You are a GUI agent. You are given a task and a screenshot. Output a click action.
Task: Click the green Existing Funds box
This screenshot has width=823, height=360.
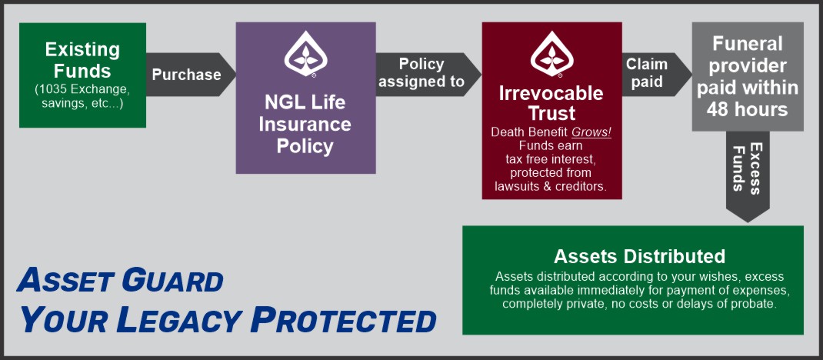[x=82, y=75]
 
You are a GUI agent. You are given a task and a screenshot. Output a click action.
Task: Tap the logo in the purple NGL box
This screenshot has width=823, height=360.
[x=305, y=54]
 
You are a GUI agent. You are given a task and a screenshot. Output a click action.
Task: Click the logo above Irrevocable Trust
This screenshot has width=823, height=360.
[x=551, y=54]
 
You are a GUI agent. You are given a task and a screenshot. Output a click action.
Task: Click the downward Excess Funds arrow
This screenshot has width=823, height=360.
[x=748, y=176]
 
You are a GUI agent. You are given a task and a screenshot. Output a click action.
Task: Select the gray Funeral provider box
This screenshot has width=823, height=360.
[x=748, y=77]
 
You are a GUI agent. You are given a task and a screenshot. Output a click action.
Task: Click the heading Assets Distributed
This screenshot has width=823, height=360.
[x=639, y=257]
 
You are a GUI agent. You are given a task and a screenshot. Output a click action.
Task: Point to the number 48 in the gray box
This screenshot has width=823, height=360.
[x=720, y=109]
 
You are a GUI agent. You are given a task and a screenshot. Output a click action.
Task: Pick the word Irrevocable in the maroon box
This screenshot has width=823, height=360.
[x=551, y=94]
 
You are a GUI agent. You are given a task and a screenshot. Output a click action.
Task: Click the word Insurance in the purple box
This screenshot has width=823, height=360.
[x=305, y=125]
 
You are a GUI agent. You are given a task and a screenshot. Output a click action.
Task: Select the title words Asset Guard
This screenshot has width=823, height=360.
[x=120, y=280]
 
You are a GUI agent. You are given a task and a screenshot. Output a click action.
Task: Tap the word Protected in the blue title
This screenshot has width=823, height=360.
[x=343, y=320]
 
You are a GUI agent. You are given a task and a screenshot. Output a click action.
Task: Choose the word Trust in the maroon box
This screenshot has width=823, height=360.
[x=552, y=113]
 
